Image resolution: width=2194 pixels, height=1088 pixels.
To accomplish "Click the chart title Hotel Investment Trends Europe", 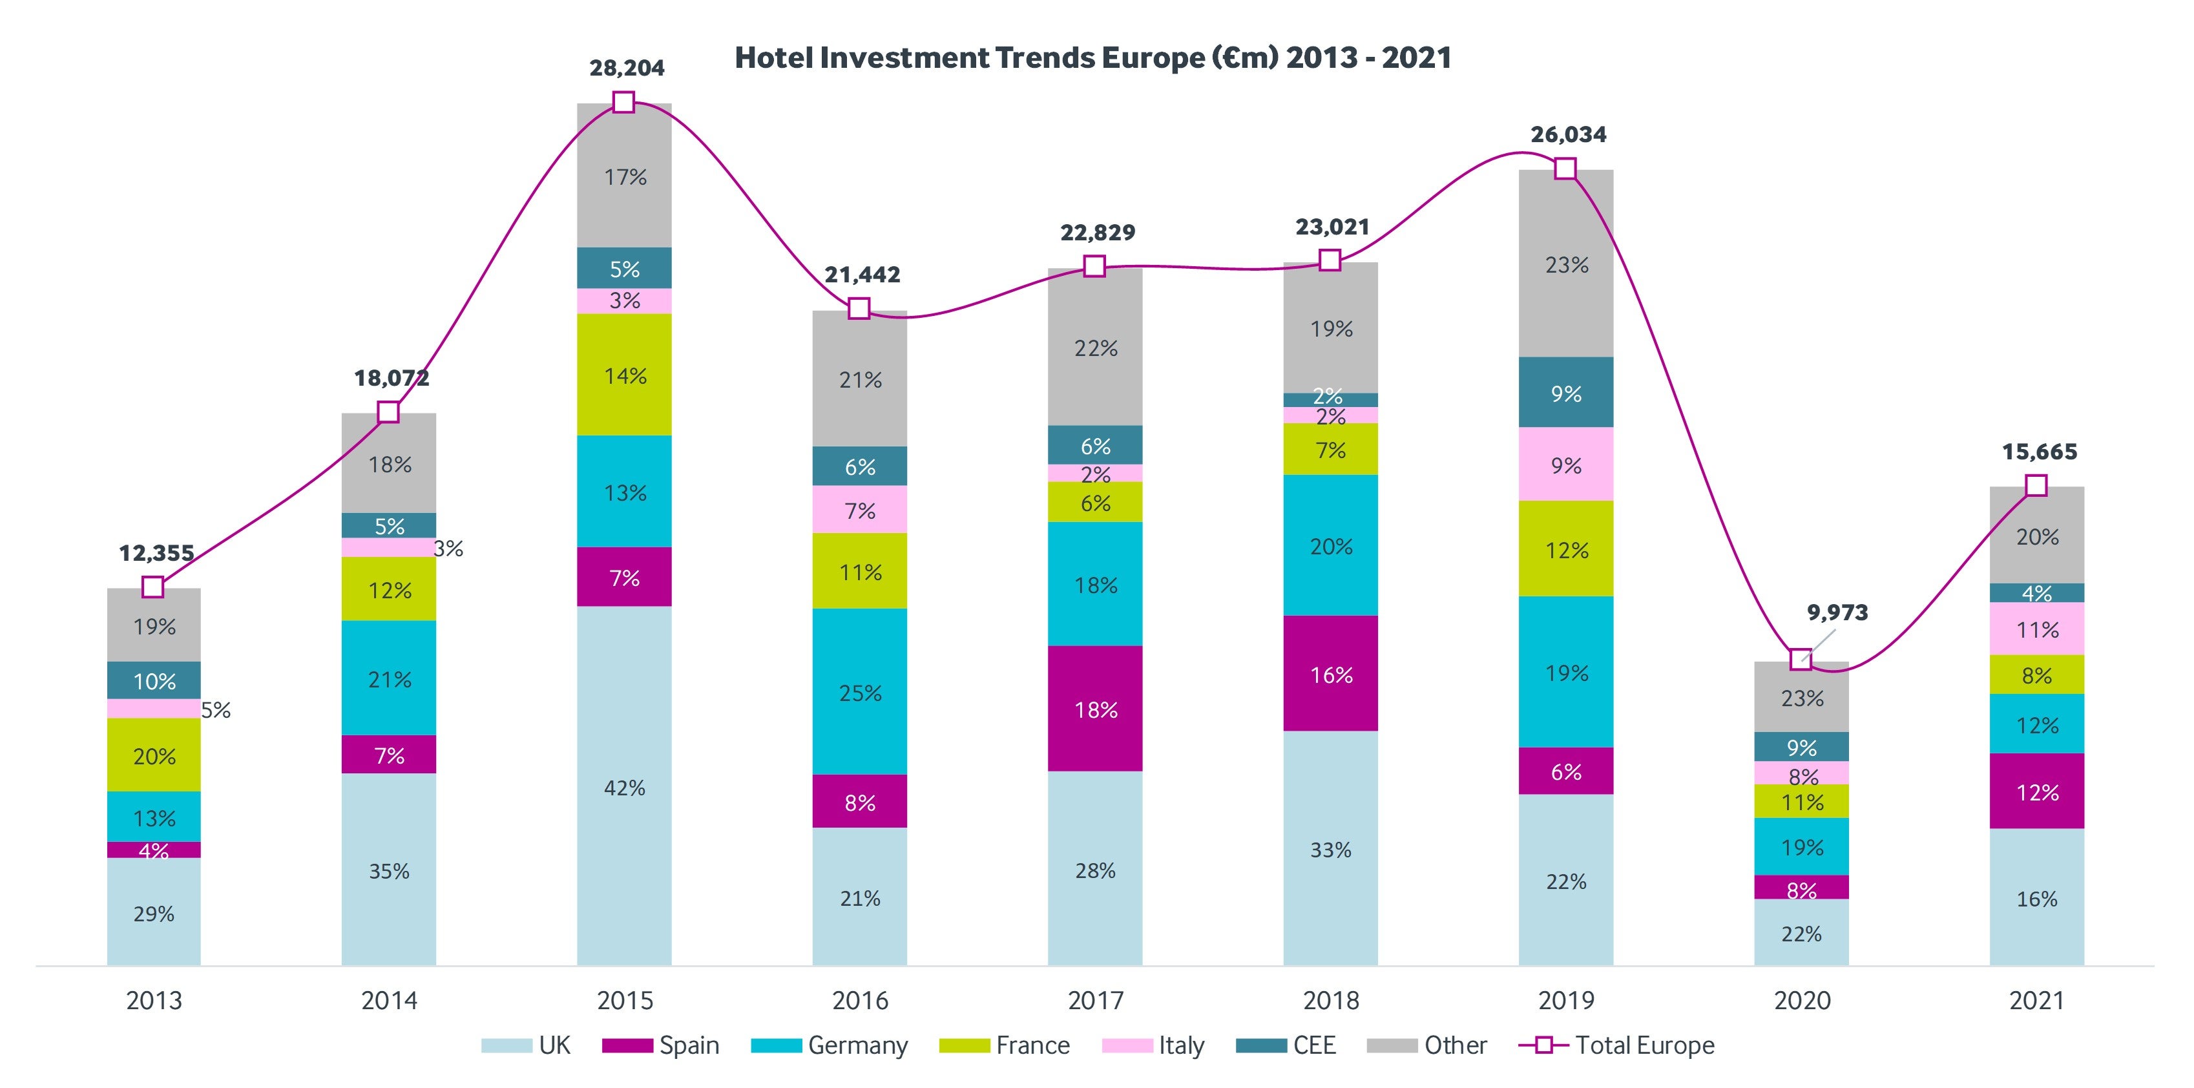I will [x=1092, y=58].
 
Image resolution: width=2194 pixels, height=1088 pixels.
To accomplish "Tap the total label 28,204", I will [x=627, y=68].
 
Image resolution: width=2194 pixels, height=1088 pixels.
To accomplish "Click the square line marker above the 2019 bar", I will [x=1565, y=169].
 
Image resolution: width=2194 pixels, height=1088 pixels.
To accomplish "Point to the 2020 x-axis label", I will [x=1801, y=1000].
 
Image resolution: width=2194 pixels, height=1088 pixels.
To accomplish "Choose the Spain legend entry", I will [x=661, y=1045].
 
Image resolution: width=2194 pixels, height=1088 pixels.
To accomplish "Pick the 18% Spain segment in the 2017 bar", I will [x=1095, y=709].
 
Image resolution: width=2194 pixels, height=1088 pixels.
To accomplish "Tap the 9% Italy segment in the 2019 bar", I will [x=1565, y=465].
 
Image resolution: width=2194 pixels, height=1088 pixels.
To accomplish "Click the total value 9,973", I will [x=1837, y=612].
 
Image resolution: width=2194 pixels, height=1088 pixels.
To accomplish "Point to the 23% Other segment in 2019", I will [x=1565, y=264].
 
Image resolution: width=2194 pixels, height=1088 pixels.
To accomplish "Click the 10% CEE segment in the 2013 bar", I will [x=154, y=681].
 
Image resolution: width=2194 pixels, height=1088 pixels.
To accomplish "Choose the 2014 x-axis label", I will [x=389, y=1000].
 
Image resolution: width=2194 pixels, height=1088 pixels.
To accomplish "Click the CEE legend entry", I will [x=1286, y=1045].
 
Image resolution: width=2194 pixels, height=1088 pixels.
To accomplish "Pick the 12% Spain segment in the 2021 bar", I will [x=2036, y=791].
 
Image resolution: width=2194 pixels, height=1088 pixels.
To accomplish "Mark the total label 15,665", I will [x=2039, y=452].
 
